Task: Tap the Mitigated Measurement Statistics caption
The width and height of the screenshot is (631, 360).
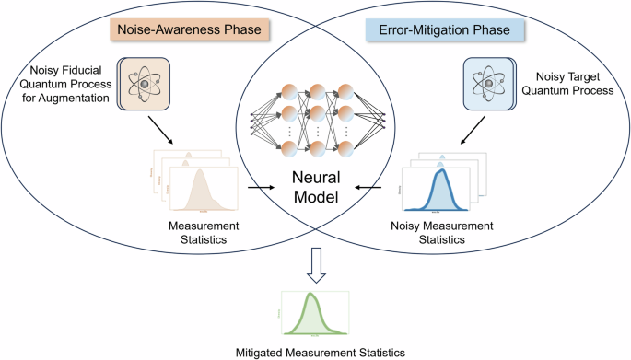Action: (x=316, y=350)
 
